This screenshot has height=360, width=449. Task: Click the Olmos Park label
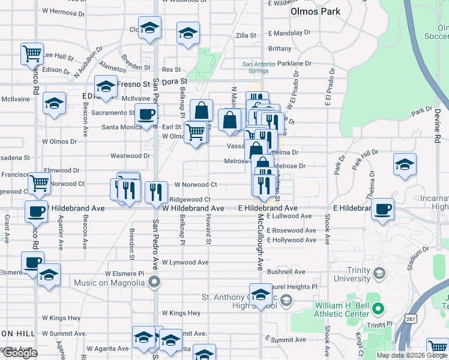coord(315,11)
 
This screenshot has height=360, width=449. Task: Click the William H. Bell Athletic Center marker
coord(378,309)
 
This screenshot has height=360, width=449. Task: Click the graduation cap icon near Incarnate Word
coord(405,164)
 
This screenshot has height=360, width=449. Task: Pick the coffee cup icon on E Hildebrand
coord(382,209)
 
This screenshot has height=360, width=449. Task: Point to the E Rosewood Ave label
coord(292,230)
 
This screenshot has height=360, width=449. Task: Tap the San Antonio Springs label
coord(256,67)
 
